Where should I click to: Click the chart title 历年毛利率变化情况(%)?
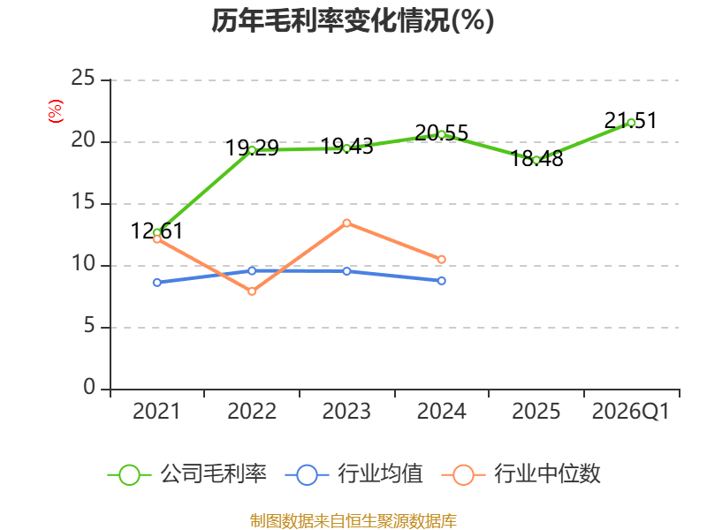[353, 20]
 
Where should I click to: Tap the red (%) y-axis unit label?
[56, 111]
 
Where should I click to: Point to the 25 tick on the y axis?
[83, 79]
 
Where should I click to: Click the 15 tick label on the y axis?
[83, 202]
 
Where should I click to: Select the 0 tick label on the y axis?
[89, 387]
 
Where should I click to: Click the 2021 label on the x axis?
[156, 412]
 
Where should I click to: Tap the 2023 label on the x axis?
[346, 412]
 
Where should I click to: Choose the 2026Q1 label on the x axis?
[631, 412]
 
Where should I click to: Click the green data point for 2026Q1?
[631, 123]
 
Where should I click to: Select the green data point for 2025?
[536, 160]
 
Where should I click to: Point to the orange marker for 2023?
[346, 223]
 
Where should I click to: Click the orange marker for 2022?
[252, 291]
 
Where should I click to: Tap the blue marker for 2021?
[157, 283]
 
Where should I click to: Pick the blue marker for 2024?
[441, 281]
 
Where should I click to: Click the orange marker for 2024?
[441, 259]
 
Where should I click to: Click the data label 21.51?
[631, 120]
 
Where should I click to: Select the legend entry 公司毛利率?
[187, 474]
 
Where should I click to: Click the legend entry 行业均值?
[354, 474]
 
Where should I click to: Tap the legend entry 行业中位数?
[521, 474]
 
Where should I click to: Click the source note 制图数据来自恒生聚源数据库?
[353, 520]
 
